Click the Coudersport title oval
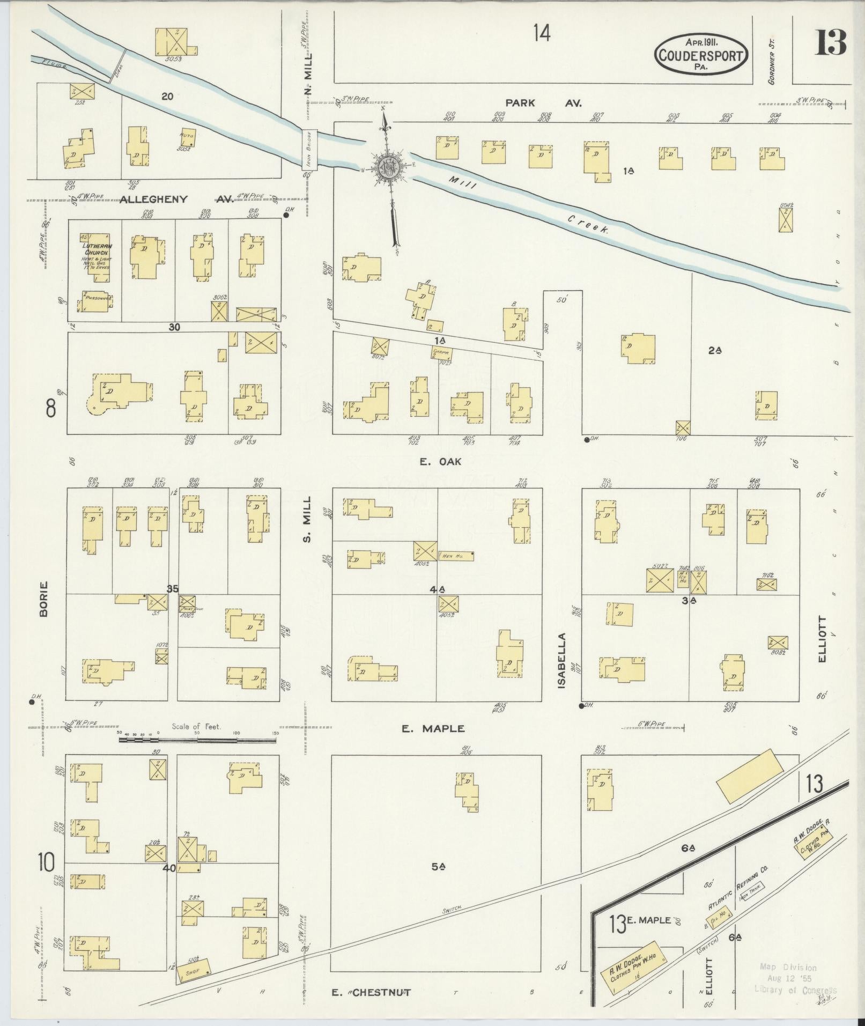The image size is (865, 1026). point(701,54)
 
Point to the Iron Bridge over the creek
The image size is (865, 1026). point(309,150)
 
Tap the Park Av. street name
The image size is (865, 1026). point(543,102)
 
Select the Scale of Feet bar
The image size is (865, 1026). point(197,740)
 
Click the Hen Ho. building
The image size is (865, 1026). point(456,556)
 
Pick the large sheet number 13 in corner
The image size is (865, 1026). point(830,43)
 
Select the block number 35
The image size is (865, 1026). point(172,589)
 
